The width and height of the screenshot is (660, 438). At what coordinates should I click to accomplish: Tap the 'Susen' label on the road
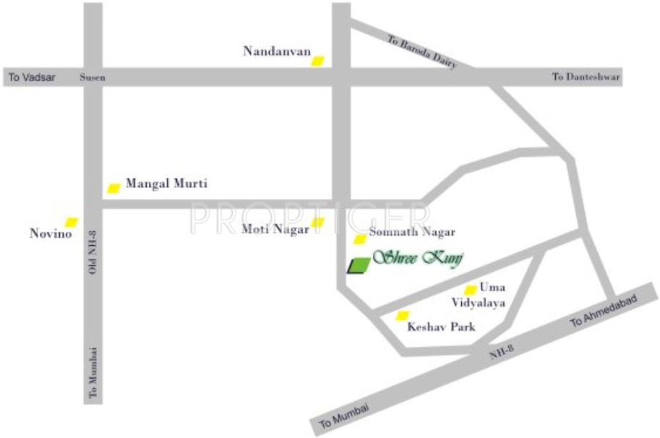[93, 77]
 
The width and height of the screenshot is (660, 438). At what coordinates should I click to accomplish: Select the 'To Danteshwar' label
[586, 77]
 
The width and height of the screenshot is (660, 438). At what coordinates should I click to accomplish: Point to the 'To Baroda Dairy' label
[422, 51]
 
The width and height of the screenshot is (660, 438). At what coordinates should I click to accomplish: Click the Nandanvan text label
[277, 51]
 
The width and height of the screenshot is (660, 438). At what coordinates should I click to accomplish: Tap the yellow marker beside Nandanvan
[317, 61]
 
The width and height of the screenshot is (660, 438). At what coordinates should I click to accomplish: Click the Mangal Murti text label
[166, 184]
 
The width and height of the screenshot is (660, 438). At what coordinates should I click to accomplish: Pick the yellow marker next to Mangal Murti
[113, 188]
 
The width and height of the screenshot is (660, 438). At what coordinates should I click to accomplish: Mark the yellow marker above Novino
[71, 222]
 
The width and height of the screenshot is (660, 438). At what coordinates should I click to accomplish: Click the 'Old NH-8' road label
[93, 253]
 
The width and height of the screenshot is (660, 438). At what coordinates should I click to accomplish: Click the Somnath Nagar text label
[411, 233]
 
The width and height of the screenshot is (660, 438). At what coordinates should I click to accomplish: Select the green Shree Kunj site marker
[358, 266]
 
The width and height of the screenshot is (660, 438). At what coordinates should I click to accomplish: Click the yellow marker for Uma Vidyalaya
[470, 290]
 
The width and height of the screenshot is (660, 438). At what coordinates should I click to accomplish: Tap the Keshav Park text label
[441, 327]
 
